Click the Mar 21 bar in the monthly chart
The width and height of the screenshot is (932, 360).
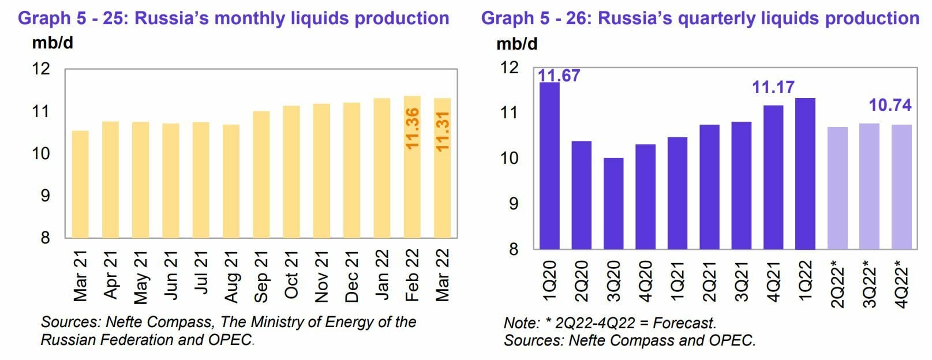[x=80, y=184]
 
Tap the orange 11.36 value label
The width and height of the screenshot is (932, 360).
[x=412, y=128]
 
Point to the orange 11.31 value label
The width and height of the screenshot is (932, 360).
[x=443, y=131]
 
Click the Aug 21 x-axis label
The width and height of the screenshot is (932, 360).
[x=231, y=276]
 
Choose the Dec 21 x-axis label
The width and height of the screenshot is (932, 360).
[x=351, y=276]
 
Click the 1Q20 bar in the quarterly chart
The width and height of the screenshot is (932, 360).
[x=549, y=166]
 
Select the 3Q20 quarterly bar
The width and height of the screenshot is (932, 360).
[x=613, y=203]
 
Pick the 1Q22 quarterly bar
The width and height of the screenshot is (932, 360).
[x=805, y=173]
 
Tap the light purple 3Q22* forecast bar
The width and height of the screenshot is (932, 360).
[x=869, y=186]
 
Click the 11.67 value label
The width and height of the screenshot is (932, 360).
[x=559, y=76]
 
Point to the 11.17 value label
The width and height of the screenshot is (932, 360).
[x=773, y=87]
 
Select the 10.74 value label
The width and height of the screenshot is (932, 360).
[x=890, y=105]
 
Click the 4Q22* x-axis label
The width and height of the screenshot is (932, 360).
[x=901, y=284]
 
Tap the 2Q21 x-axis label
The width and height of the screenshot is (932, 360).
[x=709, y=280]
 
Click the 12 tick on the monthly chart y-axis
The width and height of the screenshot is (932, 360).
[x=41, y=69]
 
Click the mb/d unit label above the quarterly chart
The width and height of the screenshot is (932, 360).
[x=516, y=44]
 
